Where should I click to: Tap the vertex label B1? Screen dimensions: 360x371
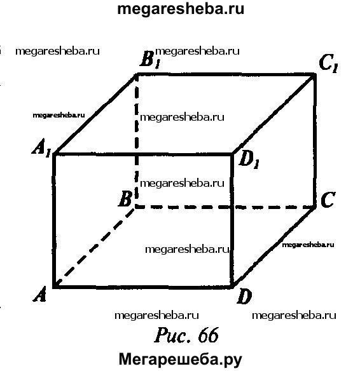pyautogui.click(x=150, y=59)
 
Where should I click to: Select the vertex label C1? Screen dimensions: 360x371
pyautogui.click(x=328, y=64)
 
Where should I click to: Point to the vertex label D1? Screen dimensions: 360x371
pyautogui.click(x=249, y=159)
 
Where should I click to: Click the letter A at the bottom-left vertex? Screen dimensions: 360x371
pyautogui.click(x=39, y=294)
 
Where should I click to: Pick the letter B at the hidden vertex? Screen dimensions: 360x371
pyautogui.click(x=125, y=199)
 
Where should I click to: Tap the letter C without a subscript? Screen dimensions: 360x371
pyautogui.click(x=328, y=199)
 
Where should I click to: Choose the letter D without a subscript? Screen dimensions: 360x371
pyautogui.click(x=244, y=296)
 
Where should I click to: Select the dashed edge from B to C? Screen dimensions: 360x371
pyautogui.click(x=225, y=207)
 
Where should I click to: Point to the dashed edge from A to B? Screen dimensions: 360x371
pyautogui.click(x=95, y=247)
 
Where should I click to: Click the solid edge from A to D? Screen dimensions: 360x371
pyautogui.click(x=143, y=287)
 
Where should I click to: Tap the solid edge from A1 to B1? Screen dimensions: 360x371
pyautogui.click(x=95, y=114)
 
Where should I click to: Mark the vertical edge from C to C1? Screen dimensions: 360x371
pyautogui.click(x=315, y=141)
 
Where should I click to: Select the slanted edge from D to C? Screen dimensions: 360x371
pyautogui.click(x=273, y=247)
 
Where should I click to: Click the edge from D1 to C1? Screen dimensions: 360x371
pyautogui.click(x=273, y=114)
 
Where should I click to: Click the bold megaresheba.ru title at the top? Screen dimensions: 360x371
pyautogui.click(x=181, y=10)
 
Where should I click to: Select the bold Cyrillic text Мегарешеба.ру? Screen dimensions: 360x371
pyautogui.click(x=180, y=360)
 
